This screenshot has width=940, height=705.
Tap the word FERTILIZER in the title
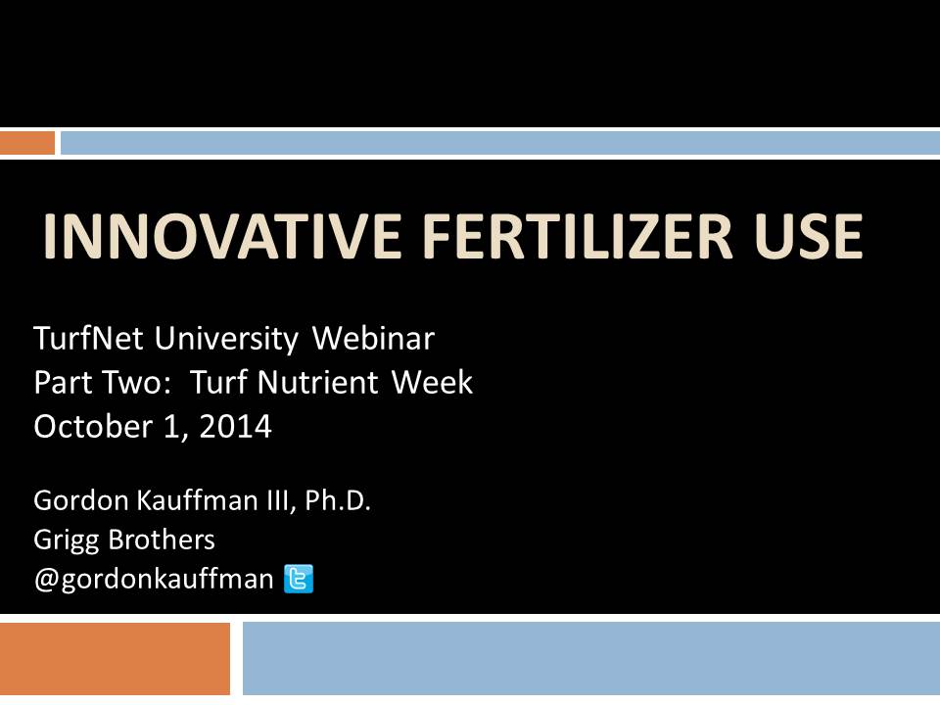578,236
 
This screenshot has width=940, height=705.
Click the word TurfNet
88,338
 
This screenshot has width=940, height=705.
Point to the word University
226,340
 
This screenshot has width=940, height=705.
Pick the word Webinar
373,338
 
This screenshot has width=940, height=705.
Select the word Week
432,383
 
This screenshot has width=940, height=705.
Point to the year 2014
236,426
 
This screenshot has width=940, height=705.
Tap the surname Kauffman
197,500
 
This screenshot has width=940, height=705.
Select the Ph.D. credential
338,500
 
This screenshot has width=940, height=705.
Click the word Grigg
66,540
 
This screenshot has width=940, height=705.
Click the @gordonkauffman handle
154,580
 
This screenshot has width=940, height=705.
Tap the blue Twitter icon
299,579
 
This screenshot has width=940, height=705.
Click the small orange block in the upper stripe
27,143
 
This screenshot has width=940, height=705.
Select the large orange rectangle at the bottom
115,658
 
